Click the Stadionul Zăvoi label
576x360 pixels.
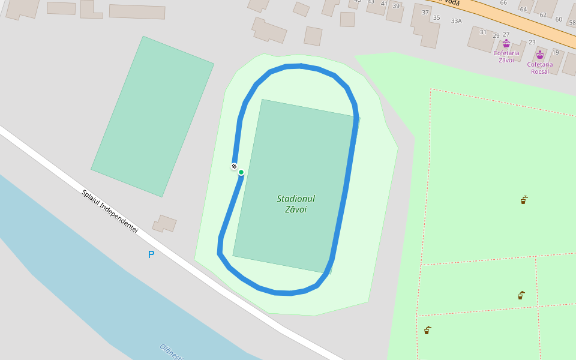tap(296, 204)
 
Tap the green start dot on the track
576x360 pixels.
tap(241, 172)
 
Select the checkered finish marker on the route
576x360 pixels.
tap(234, 166)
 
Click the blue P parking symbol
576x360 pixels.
tap(151, 254)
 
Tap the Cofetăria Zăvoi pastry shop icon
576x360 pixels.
tap(506, 44)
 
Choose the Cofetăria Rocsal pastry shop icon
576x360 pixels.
tap(540, 55)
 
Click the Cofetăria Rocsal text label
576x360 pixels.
tap(540, 68)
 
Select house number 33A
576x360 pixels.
tap(457, 21)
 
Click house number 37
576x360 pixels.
tap(425, 13)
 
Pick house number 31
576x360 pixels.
tap(483, 32)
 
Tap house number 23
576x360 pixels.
tap(532, 42)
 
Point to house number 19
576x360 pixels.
tap(556, 53)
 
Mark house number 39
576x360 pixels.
tap(396, 6)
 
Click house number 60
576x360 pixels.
tap(559, 20)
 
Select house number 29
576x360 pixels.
tap(496, 35)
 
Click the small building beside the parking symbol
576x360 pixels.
tap(164, 224)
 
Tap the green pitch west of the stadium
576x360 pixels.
tap(152, 116)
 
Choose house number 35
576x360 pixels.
tap(437, 18)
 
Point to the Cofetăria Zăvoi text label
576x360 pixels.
tap(506, 56)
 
